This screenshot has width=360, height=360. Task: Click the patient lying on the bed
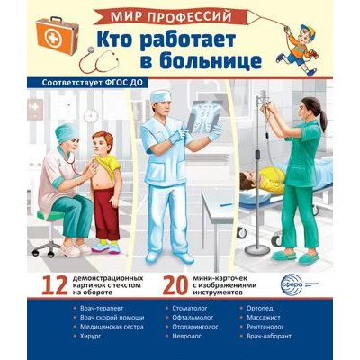point(256,180)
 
